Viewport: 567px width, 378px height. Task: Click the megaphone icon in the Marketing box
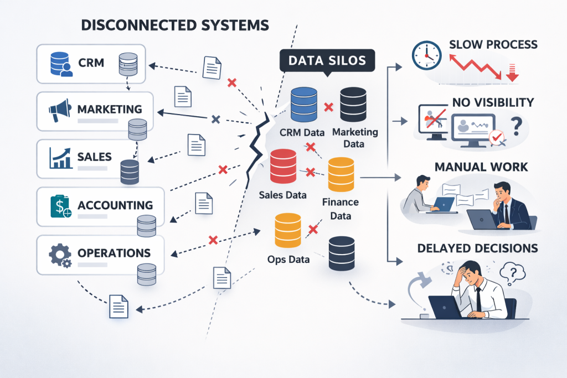pos(60,110)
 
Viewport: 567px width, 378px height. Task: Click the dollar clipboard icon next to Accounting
pos(60,206)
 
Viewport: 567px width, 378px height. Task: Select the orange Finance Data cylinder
pos(341,174)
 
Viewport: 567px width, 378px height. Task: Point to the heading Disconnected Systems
pos(175,25)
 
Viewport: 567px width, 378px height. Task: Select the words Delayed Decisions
pos(477,248)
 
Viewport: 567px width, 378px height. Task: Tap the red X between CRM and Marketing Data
pos(328,107)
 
